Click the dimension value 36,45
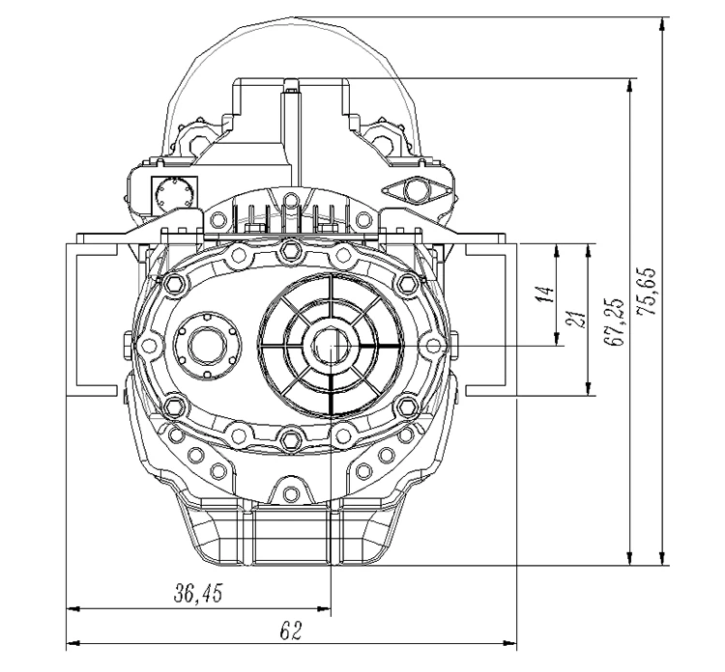pos(198,594)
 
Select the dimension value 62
pos(291,630)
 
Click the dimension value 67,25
pos(614,322)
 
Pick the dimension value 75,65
pos(646,292)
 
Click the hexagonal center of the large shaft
pos(332,345)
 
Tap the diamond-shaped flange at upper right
pos(415,190)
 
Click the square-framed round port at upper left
pos(174,194)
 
